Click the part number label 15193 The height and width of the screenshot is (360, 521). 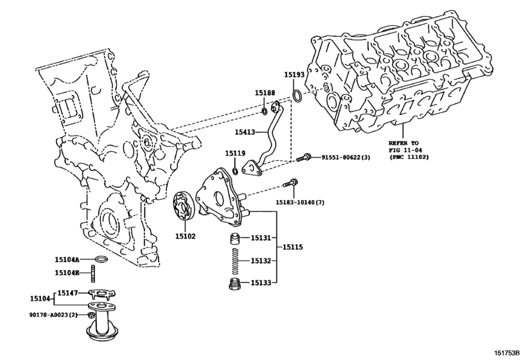pyautogui.click(x=294, y=75)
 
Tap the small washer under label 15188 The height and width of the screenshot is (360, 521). pyautogui.click(x=265, y=111)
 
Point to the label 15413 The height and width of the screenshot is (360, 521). pyautogui.click(x=245, y=132)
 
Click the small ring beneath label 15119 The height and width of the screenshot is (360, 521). pyautogui.click(x=235, y=171)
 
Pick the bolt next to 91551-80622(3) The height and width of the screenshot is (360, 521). pyautogui.click(x=303, y=157)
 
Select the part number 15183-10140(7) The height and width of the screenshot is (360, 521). pyautogui.click(x=300, y=202)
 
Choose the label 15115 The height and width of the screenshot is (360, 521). pyautogui.click(x=292, y=247)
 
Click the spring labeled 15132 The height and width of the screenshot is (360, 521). pyautogui.click(x=235, y=260)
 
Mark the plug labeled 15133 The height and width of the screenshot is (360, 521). pyautogui.click(x=234, y=283)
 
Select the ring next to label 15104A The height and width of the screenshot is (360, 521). pyautogui.click(x=101, y=258)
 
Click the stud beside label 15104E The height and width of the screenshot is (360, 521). pyautogui.click(x=93, y=273)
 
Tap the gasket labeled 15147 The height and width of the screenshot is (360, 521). pyautogui.click(x=101, y=294)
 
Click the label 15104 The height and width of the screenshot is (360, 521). pyautogui.click(x=40, y=299)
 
